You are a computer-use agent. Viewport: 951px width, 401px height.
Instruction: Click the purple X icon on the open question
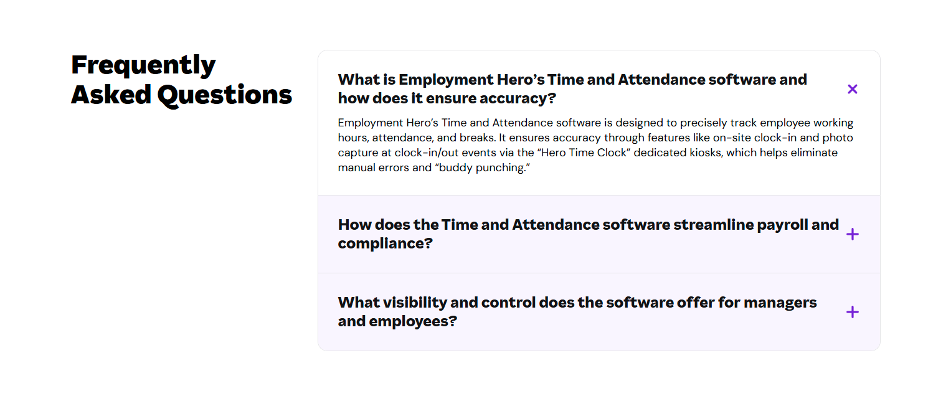click(x=853, y=89)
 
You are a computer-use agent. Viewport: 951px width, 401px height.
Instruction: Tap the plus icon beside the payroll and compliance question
click(x=853, y=234)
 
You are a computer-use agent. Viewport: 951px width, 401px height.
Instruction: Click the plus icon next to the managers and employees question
click(x=853, y=312)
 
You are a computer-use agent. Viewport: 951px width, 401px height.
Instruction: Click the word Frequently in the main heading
click(x=143, y=65)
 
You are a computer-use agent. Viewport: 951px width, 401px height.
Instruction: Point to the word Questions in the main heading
click(x=224, y=95)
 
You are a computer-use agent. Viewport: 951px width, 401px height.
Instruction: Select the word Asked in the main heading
click(x=111, y=95)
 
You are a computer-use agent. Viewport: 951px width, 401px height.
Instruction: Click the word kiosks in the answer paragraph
click(x=706, y=153)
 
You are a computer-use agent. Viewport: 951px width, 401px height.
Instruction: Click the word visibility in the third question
click(x=414, y=303)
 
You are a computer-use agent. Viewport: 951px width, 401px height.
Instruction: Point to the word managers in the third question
click(x=780, y=303)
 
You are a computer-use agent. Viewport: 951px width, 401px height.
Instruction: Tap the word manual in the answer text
click(x=356, y=167)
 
